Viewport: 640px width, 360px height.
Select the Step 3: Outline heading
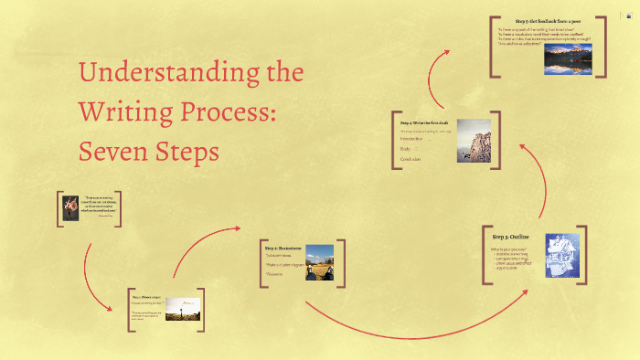coord(510,237)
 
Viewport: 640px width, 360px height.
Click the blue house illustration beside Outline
coord(562,255)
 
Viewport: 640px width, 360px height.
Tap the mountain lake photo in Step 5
coord(568,58)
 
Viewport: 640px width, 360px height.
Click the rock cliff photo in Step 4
coord(473,141)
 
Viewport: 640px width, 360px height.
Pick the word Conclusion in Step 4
coord(411,159)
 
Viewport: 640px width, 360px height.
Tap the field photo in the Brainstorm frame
coord(319,261)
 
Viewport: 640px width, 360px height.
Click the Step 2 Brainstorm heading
coord(283,248)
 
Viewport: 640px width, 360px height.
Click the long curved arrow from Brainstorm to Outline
coord(411,322)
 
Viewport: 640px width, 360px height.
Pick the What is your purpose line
coord(506,249)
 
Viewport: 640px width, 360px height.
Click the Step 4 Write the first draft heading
coord(425,122)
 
